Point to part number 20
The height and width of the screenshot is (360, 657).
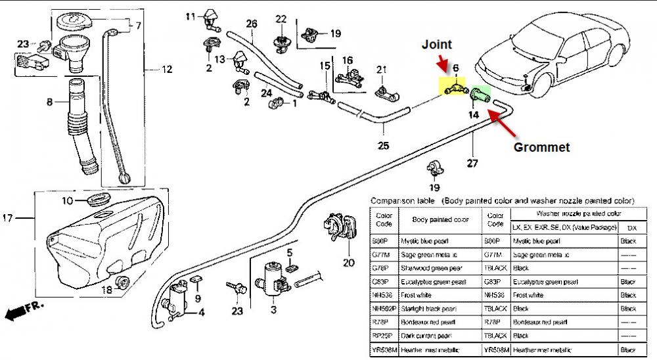pyautogui.click(x=348, y=263)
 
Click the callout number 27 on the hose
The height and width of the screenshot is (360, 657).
pyautogui.click(x=473, y=164)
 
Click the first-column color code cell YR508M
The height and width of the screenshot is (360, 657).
pyautogui.click(x=383, y=349)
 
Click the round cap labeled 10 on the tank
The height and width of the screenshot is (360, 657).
pyautogui.click(x=99, y=198)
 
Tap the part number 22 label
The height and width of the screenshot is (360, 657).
pyautogui.click(x=281, y=18)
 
